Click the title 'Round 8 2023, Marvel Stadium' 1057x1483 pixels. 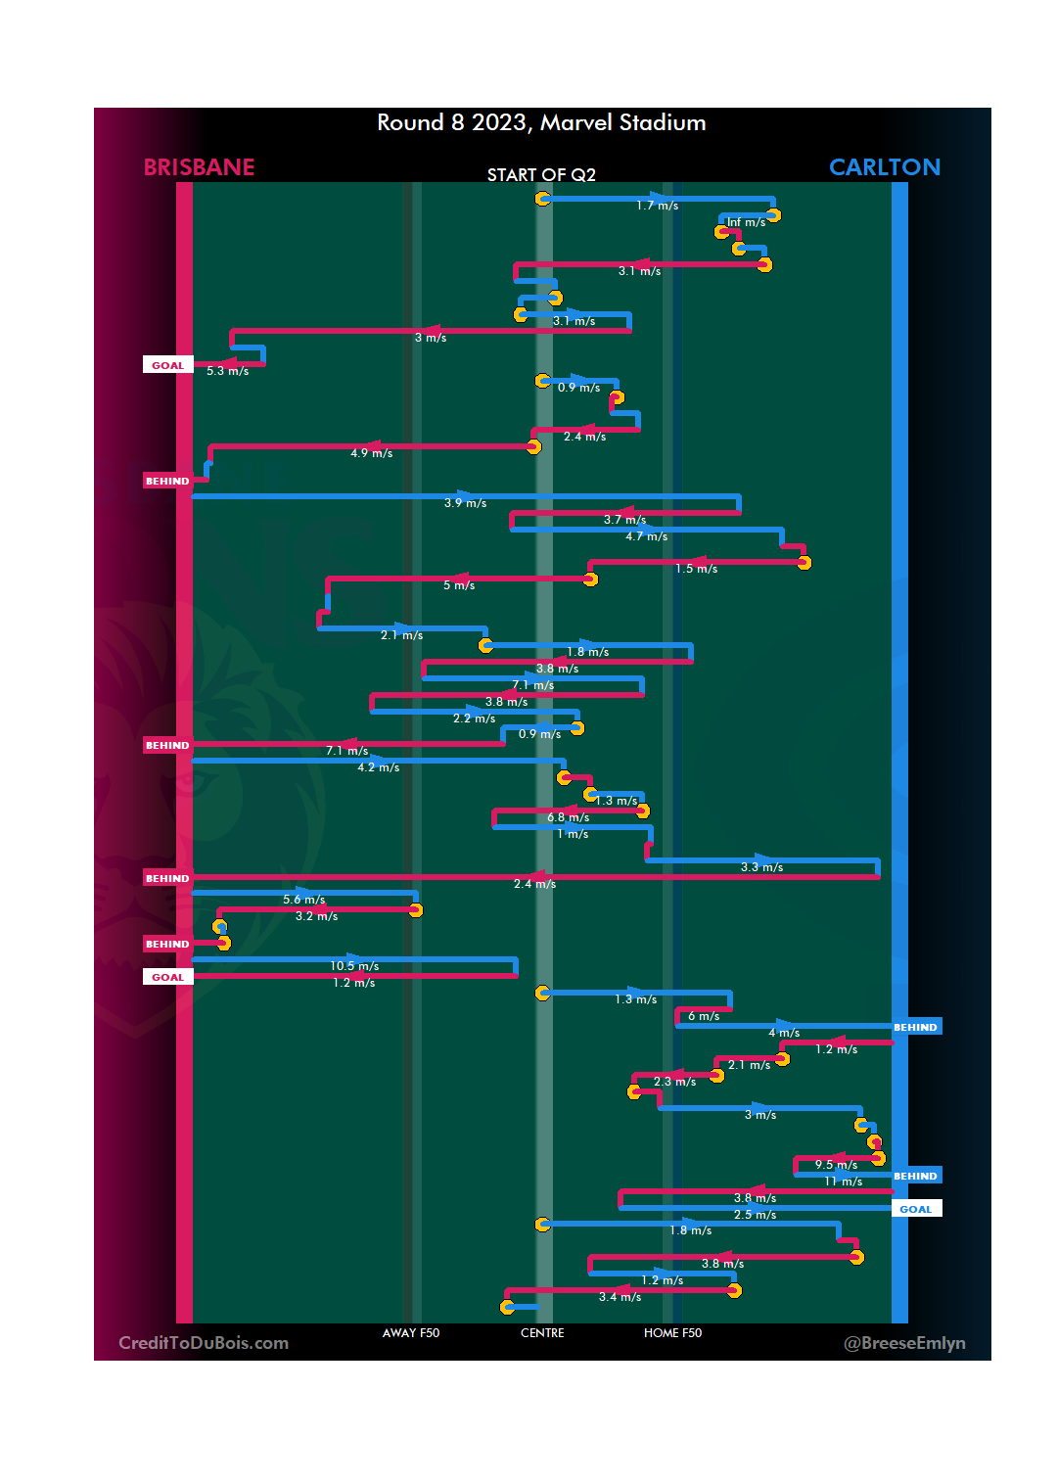pos(541,122)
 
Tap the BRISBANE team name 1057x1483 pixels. pos(199,167)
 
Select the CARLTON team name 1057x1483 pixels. pos(885,167)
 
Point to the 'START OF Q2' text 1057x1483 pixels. pos(541,175)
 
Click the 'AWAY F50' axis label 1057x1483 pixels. pos(411,1333)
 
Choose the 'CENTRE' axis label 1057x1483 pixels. pos(542,1333)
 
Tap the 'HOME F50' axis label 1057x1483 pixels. pos(672,1333)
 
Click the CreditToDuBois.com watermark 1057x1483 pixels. pos(204,1343)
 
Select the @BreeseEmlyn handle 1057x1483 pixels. pos(904,1343)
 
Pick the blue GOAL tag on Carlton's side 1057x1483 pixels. pos(916,1209)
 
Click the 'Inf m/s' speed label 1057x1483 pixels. pos(746,222)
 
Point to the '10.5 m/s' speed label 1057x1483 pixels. pos(354,966)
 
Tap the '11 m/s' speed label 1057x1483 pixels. pos(843,1182)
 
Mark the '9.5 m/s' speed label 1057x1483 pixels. pos(836,1165)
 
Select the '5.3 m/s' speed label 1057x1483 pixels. pos(227,371)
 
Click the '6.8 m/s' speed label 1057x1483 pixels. pos(568,817)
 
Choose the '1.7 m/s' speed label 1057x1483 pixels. pos(657,206)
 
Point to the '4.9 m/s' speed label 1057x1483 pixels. pos(372,453)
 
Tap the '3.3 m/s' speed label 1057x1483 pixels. pos(761,867)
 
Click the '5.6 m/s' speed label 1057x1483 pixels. pos(304,900)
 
